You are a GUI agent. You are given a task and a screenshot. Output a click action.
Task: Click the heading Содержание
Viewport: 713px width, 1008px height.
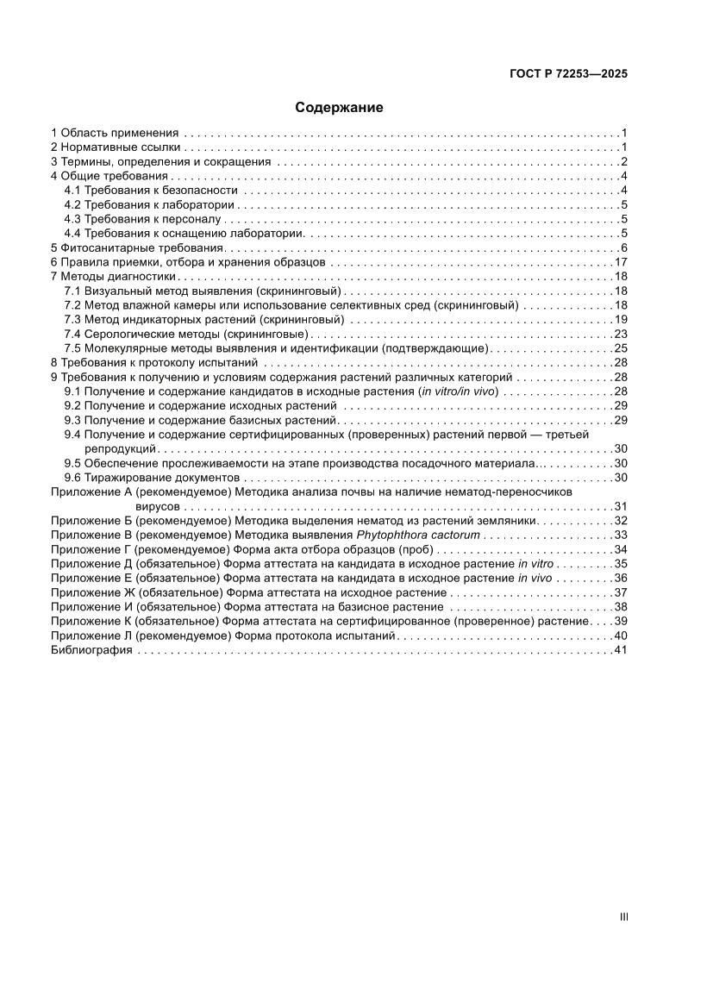pyautogui.click(x=339, y=108)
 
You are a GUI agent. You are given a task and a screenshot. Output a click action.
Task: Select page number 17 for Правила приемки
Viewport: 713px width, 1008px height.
pyautogui.click(x=620, y=262)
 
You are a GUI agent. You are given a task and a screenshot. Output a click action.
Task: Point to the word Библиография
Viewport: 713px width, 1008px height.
pyautogui.click(x=91, y=650)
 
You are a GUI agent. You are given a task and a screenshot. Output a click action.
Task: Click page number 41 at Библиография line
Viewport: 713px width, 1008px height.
pyautogui.click(x=620, y=650)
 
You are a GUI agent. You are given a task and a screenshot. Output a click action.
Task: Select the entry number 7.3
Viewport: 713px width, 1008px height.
pyautogui.click(x=73, y=320)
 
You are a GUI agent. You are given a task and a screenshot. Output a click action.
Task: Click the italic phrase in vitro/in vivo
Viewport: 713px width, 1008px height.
pyautogui.click(x=458, y=391)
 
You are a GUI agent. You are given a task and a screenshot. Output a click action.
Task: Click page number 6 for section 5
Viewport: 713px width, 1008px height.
pyautogui.click(x=623, y=248)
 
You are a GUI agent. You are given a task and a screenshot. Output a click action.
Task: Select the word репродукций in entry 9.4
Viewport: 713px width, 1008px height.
pyautogui.click(x=120, y=449)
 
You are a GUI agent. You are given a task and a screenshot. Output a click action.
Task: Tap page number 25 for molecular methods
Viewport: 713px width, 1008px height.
pyautogui.click(x=620, y=348)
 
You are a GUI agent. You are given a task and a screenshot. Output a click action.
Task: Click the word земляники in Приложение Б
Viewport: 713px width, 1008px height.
pyautogui.click(x=510, y=521)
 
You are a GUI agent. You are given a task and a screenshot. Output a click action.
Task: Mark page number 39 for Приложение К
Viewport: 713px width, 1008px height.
pyautogui.click(x=620, y=622)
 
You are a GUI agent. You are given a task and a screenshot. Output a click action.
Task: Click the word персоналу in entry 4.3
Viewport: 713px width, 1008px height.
pyautogui.click(x=184, y=219)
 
